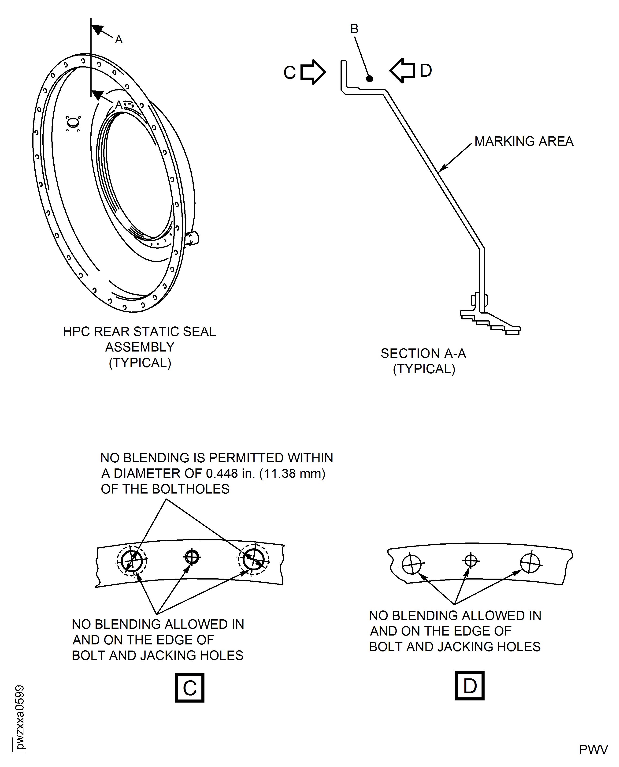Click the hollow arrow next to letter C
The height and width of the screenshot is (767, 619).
point(313,72)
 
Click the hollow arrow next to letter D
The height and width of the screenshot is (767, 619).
point(402,70)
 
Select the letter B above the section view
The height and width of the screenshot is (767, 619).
point(354,29)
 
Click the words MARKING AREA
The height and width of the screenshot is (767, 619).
point(524,141)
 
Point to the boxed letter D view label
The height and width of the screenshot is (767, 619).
point(470,685)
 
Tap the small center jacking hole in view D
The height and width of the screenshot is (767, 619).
point(471,561)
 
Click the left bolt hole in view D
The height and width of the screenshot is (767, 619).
point(411,564)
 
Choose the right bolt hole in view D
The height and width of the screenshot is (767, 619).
point(530,563)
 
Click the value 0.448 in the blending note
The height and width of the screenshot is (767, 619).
point(222,473)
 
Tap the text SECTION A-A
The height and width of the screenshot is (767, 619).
point(423,353)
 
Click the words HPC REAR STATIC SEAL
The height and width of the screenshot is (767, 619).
point(139,331)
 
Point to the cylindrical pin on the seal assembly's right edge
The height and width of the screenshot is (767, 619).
point(193,238)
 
